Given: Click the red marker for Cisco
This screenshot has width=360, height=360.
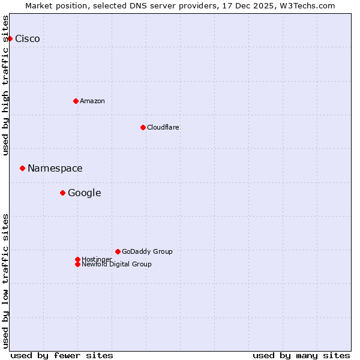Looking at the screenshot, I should (x=10, y=38).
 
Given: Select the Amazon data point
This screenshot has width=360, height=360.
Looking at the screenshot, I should (x=76, y=101).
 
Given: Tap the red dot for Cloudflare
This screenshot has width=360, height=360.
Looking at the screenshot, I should (x=143, y=127).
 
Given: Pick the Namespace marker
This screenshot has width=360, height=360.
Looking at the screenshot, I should (x=22, y=169).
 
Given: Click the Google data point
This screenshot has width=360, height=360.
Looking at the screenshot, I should (x=62, y=193).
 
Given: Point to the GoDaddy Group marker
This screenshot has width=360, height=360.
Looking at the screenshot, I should (x=118, y=251).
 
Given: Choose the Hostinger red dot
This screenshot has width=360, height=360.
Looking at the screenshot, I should (x=77, y=259).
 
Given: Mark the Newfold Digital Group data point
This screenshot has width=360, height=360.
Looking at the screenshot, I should (x=77, y=264).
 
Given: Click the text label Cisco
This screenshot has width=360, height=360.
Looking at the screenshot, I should (x=28, y=39).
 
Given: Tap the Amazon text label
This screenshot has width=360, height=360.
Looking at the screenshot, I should (x=92, y=101).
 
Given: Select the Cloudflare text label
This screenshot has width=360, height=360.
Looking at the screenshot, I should (x=163, y=127).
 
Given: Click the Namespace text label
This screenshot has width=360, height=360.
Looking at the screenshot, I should (x=55, y=169).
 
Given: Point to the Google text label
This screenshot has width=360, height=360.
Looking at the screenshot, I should (x=85, y=193).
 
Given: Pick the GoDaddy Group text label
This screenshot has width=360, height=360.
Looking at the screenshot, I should (x=147, y=251).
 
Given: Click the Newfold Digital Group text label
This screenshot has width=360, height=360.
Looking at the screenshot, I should (x=117, y=265).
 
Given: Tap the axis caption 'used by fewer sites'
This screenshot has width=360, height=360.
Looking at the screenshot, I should (x=62, y=355).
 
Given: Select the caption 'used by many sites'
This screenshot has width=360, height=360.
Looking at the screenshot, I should (x=301, y=355).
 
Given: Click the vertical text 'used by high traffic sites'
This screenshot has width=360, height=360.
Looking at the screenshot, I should (x=5, y=85).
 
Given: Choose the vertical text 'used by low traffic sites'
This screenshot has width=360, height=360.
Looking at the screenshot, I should (x=5, y=281).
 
